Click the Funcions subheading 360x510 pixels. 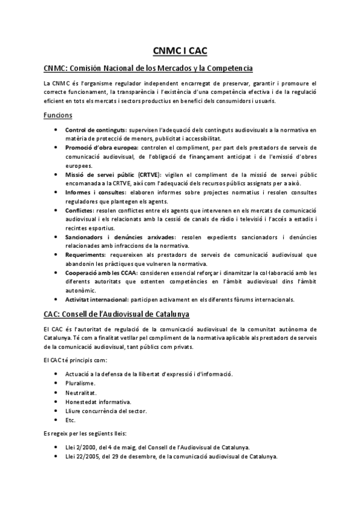(58, 115)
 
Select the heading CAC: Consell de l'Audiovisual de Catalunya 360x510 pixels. (117, 314)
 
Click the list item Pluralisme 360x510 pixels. (81, 382)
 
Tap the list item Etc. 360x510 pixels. (70, 420)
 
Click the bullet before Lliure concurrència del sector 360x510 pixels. (56, 411)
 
